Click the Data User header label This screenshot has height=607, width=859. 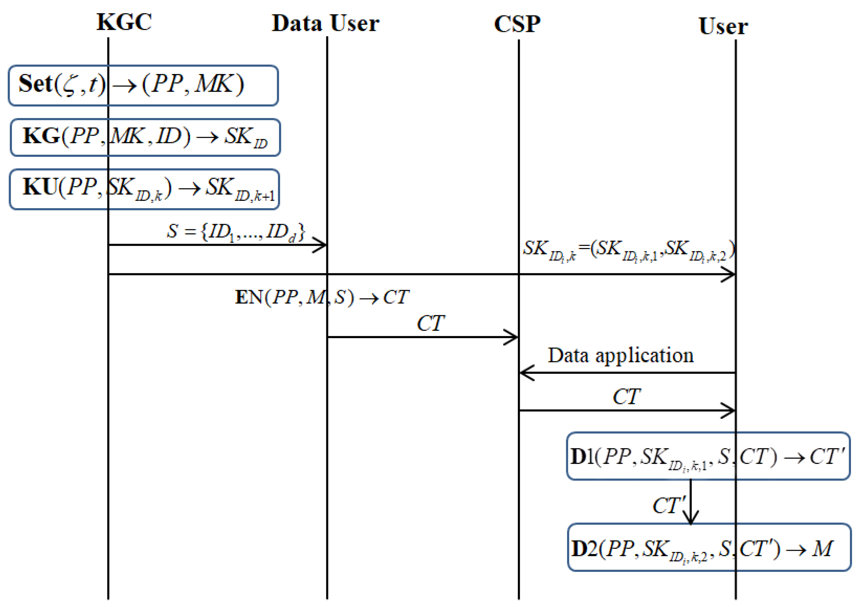(325, 23)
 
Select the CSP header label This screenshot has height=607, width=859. (517, 24)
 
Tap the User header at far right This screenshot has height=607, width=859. (723, 26)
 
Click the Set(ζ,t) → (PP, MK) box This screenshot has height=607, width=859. (143, 85)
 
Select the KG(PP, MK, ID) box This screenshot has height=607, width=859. (145, 137)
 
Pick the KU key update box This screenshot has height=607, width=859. (144, 189)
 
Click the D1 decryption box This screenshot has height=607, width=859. (708, 456)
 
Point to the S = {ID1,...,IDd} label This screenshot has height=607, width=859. (236, 232)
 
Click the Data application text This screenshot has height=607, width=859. (620, 355)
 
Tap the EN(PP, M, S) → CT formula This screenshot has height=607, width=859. (322, 297)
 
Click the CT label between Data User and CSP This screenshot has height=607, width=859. (430, 323)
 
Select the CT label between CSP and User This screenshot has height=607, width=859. (626, 397)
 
